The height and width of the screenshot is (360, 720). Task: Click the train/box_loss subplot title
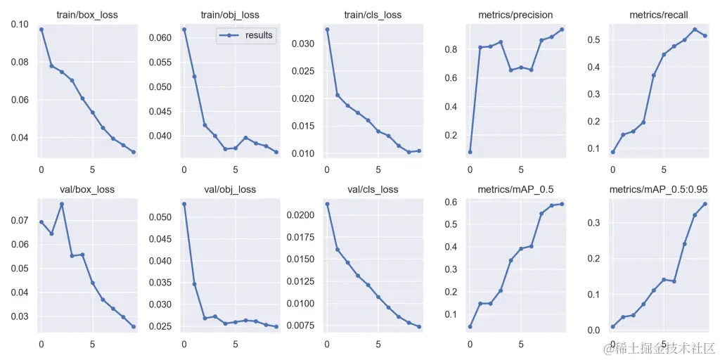tap(88, 15)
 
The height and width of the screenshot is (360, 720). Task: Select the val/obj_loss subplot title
tap(231, 189)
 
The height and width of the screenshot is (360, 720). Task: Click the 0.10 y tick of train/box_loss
tap(20, 24)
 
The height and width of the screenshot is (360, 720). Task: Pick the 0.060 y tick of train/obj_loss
tap(160, 37)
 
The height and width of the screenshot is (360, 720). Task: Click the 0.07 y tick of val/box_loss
tap(20, 220)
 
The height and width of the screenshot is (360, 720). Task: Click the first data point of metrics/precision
tap(470, 152)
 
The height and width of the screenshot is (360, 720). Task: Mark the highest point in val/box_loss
tap(62, 204)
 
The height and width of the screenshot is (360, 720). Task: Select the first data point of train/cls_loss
tap(326, 30)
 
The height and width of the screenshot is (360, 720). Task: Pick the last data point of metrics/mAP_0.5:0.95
tap(705, 204)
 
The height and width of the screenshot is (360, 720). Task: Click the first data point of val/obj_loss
tap(184, 204)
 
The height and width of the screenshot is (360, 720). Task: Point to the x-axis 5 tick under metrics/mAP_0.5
tap(521, 345)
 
